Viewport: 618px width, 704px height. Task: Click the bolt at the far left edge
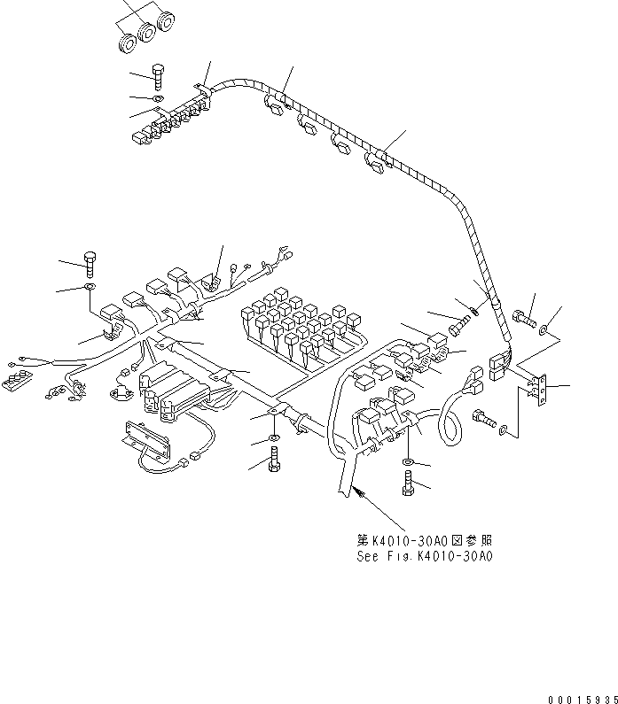point(89,260)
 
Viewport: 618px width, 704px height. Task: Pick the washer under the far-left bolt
point(90,288)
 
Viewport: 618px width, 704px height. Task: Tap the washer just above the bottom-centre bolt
point(273,438)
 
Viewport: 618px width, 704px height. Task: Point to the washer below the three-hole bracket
point(504,429)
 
